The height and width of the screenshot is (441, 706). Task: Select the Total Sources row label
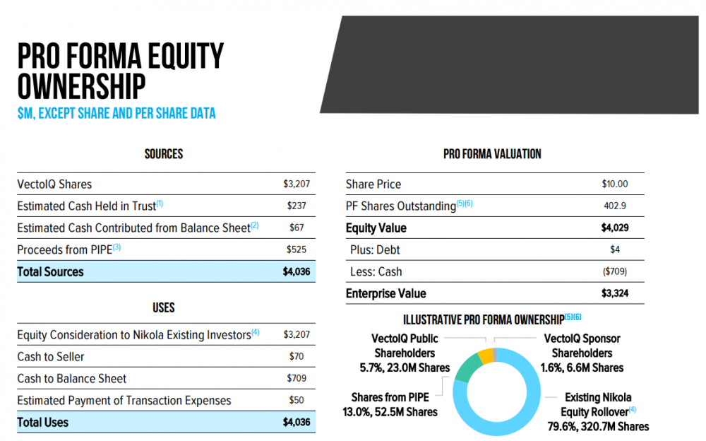tap(50, 272)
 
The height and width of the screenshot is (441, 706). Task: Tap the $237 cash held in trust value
tap(297, 206)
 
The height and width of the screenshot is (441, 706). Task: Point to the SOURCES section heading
tap(164, 154)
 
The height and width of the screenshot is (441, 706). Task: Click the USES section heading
tap(164, 308)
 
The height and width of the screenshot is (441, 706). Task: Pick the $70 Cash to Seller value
tap(297, 357)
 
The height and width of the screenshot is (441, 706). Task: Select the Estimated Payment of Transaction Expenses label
tap(124, 401)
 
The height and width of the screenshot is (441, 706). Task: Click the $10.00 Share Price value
tap(614, 184)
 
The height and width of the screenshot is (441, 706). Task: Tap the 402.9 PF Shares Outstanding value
tap(615, 206)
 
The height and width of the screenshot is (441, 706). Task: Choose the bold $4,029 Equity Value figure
tap(614, 228)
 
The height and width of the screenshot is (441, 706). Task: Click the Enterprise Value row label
tap(386, 294)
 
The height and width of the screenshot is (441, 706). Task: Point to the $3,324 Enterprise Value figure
tap(614, 294)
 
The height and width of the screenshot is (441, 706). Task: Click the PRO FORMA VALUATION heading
tap(492, 154)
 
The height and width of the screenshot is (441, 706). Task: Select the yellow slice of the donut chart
tap(484, 355)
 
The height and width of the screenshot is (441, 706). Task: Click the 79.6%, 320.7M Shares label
tap(598, 426)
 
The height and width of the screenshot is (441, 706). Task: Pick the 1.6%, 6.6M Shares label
tap(587, 367)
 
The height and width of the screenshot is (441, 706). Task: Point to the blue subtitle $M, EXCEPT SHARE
tap(116, 113)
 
